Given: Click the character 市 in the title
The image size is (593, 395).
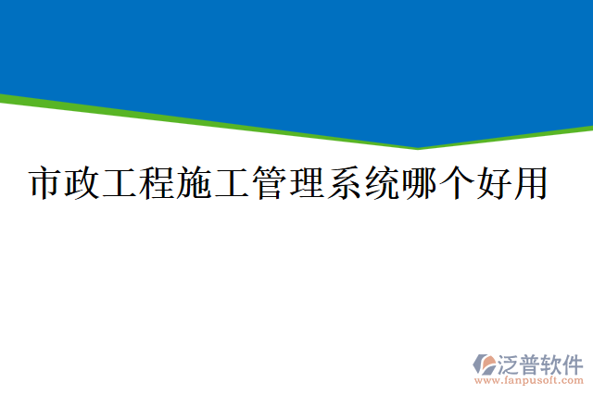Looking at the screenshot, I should [46, 182].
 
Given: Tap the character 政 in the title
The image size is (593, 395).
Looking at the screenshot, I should [83, 182].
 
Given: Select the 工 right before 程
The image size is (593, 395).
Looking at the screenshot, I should [120, 182].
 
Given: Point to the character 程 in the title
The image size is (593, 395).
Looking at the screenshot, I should [158, 182].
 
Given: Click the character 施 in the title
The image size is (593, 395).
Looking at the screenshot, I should [195, 182].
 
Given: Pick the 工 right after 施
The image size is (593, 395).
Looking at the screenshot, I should [232, 182].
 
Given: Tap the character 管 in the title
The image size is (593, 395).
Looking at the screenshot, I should [269, 182].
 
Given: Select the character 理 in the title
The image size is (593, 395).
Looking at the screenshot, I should [306, 182].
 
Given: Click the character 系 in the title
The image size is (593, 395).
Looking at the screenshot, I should [343, 182].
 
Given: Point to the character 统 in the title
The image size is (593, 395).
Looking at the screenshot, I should [380, 182].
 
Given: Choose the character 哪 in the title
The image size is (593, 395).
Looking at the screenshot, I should [417, 182].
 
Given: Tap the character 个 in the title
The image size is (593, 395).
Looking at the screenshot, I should [454, 182].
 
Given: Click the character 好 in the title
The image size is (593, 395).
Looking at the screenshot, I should [491, 182].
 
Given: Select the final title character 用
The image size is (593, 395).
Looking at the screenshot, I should [528, 182].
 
